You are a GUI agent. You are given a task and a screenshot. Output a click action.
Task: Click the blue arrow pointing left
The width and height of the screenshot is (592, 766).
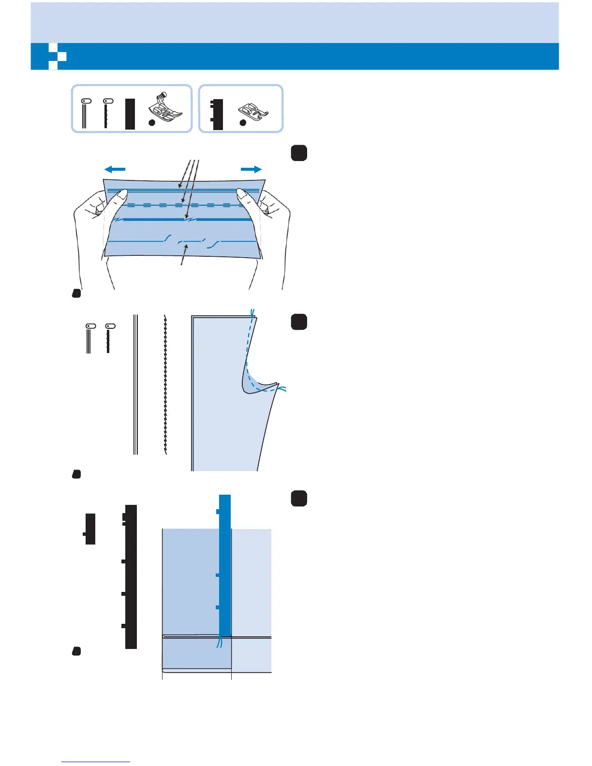(x=115, y=169)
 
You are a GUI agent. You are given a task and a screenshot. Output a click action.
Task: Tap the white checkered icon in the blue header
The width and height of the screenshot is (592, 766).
(x=57, y=57)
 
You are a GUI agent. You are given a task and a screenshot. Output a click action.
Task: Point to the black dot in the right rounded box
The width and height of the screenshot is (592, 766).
(x=243, y=123)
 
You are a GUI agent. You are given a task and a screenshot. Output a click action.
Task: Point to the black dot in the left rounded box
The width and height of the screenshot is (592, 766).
(x=151, y=123)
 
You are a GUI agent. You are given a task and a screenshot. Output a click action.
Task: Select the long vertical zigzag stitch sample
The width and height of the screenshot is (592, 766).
(x=166, y=384)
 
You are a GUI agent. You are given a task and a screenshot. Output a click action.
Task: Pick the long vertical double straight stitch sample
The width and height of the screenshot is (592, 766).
(x=136, y=384)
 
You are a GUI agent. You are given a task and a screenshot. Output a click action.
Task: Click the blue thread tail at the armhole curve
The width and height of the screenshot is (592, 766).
(x=282, y=388)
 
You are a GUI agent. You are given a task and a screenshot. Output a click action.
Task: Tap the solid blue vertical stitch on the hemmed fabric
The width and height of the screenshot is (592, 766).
(x=225, y=566)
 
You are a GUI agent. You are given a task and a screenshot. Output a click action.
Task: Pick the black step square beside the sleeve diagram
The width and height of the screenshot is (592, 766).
(x=299, y=322)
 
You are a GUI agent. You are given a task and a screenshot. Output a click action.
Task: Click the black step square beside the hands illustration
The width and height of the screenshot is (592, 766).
(x=299, y=153)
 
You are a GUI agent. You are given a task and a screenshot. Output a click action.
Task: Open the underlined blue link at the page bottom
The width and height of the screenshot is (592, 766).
(x=96, y=762)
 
